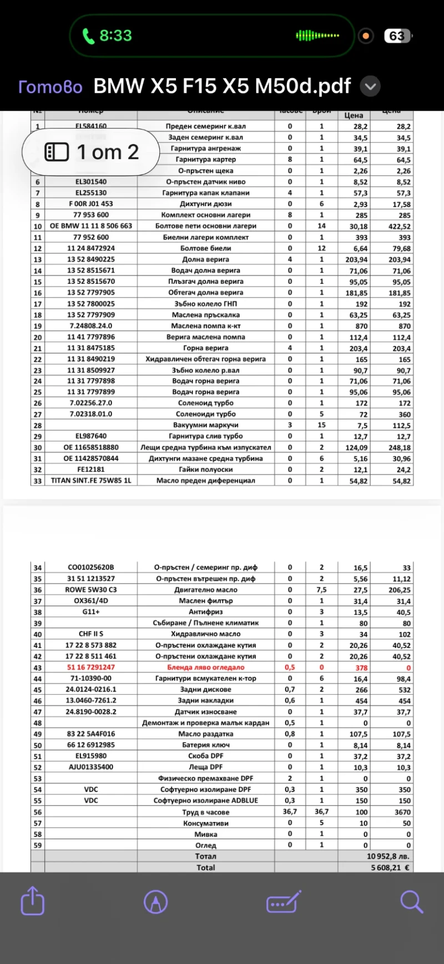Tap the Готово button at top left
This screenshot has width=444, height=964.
pyautogui.click(x=50, y=87)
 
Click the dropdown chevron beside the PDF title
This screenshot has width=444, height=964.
pyautogui.click(x=370, y=86)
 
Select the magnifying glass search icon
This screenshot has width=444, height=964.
pyautogui.click(x=411, y=901)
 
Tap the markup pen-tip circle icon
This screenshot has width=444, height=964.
pyautogui.click(x=156, y=901)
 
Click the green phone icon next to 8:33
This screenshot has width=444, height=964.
pyautogui.click(x=88, y=36)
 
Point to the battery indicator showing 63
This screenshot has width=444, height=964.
pyautogui.click(x=397, y=36)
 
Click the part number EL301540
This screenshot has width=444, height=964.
pyautogui.click(x=91, y=182)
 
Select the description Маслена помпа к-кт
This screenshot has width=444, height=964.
pyautogui.click(x=205, y=326)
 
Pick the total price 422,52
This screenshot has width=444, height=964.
pyautogui.click(x=399, y=226)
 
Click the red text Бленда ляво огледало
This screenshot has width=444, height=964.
pyautogui.click(x=205, y=667)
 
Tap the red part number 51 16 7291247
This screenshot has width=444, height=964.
pyautogui.click(x=91, y=667)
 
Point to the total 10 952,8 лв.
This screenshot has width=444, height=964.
pyautogui.click(x=387, y=856)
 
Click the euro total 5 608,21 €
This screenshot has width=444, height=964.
pyautogui.click(x=390, y=868)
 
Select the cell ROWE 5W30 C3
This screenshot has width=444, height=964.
pyautogui.click(x=91, y=590)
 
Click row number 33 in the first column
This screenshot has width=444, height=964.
pyautogui.click(x=38, y=481)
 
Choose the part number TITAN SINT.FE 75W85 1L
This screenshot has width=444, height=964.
pyautogui.click(x=91, y=481)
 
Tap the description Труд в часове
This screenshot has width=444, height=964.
pyautogui.click(x=205, y=812)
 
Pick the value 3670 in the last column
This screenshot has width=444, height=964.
pyautogui.click(x=402, y=812)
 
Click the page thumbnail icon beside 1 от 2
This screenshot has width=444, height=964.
pyautogui.click(x=57, y=152)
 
